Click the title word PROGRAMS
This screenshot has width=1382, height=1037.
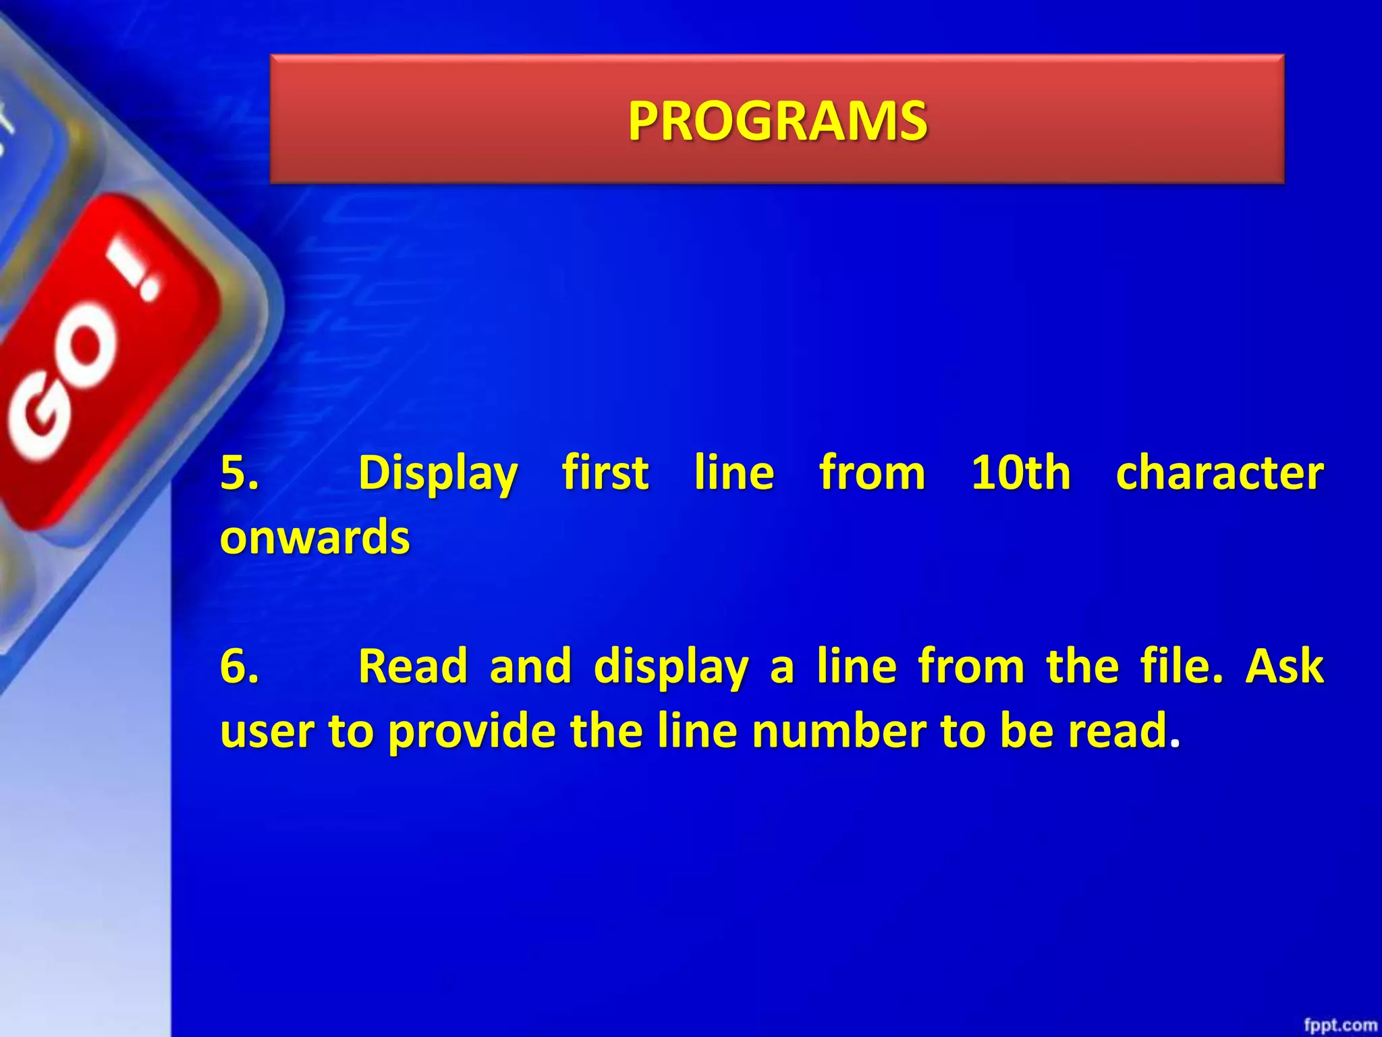point(777,122)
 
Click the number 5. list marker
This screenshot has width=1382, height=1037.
point(240,473)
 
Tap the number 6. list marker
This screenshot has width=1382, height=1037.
point(240,666)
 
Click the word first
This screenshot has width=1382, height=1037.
point(605,473)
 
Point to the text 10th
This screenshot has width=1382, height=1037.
point(1020,473)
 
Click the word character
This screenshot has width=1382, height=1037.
point(1219,473)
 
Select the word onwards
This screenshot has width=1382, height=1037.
point(315,537)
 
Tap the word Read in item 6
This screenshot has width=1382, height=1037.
point(412,666)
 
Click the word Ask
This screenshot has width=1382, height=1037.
point(1284,666)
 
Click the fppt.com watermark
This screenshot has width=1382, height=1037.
point(1340,1025)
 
